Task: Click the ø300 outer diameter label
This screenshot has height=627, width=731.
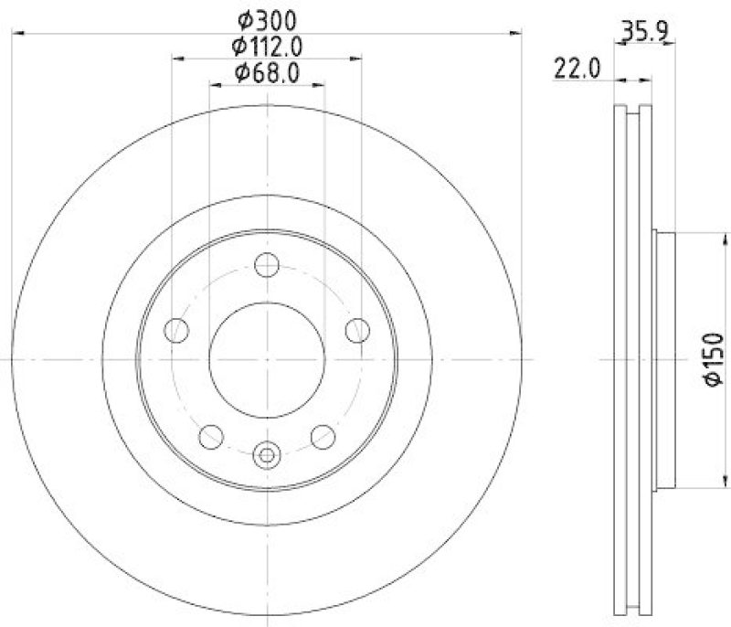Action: (267, 18)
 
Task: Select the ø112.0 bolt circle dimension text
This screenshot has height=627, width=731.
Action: (267, 45)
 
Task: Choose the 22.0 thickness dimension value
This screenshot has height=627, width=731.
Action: (575, 68)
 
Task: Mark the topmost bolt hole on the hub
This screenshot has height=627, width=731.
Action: (267, 266)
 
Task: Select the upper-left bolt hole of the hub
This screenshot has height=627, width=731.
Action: (176, 330)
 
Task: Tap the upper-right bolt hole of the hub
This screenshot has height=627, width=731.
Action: (357, 330)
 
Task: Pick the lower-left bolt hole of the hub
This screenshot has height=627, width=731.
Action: (211, 437)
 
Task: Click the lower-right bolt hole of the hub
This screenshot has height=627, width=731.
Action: (323, 437)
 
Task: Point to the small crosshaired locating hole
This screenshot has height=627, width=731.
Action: (267, 453)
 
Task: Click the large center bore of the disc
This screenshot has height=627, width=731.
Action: (267, 359)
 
